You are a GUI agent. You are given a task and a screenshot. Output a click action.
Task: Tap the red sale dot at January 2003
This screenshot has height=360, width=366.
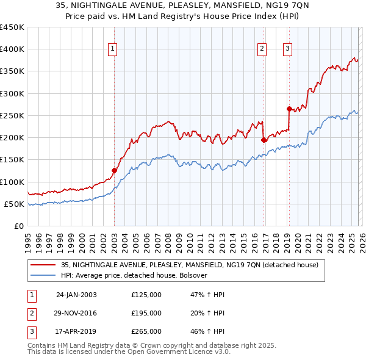point(114,171)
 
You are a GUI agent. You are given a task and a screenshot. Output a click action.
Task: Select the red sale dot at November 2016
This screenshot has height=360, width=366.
point(264,140)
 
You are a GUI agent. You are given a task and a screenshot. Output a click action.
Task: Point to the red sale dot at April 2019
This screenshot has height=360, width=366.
point(289,109)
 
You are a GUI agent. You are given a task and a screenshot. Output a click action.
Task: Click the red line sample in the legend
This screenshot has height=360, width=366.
point(43,265)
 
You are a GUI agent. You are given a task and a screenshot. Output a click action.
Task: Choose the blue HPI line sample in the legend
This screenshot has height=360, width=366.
point(43,275)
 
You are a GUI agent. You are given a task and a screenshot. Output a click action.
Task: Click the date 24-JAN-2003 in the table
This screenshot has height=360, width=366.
point(76,295)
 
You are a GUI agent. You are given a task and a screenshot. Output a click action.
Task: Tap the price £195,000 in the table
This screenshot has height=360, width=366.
point(146,313)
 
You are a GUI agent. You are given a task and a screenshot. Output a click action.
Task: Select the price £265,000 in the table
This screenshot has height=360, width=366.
point(146,331)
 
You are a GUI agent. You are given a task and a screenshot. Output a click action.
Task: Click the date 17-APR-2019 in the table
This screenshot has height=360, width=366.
point(76,331)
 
